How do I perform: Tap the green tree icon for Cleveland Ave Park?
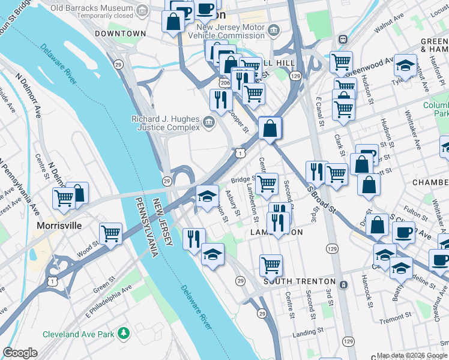(124, 332)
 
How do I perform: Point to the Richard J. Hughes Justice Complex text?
(166, 123)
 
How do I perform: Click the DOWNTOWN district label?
(120, 34)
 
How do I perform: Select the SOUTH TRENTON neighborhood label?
(298, 281)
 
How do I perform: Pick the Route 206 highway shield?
(224, 82)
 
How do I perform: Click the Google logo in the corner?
(20, 353)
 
